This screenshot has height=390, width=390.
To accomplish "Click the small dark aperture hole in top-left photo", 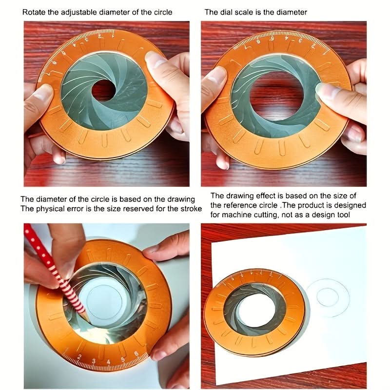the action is point(103,90).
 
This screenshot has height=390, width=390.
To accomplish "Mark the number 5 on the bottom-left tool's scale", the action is point(123,359).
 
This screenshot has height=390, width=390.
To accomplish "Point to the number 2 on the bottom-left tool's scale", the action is point(79,357).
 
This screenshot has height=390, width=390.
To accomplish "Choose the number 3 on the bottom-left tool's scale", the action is point(94,361).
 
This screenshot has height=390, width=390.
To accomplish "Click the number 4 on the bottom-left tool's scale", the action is point(108,362).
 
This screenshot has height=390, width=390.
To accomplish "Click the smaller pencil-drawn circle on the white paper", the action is point(328,297).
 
